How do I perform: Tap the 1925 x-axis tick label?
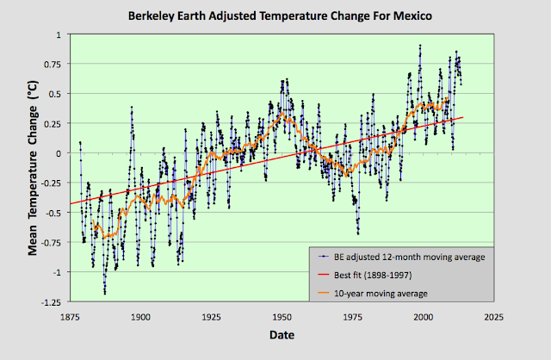coord(210,316)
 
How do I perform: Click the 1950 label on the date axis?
coord(281,316)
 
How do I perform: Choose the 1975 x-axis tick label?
coord(351,316)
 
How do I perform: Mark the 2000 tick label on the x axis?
coord(422,316)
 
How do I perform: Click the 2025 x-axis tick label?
coord(492,316)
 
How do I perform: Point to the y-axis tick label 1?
coord(58,34)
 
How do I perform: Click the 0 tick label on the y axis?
coord(58,153)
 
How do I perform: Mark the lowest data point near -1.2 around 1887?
coord(105,294)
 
